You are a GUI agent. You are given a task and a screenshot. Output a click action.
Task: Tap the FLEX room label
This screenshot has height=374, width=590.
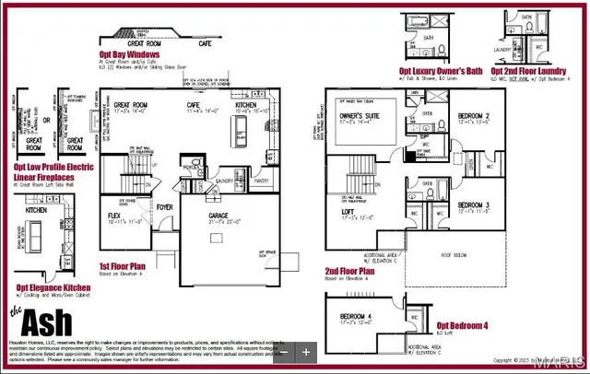coord(115,215)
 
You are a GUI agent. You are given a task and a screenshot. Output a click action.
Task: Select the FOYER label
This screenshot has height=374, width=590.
coord(165,207)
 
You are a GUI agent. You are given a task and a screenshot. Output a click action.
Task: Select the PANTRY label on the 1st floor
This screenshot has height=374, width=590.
coord(262,181)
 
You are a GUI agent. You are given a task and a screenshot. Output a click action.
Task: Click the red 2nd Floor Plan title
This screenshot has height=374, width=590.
coord(349,272)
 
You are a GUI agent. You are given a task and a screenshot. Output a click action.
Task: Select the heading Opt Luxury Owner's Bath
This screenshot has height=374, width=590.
coord(441,70)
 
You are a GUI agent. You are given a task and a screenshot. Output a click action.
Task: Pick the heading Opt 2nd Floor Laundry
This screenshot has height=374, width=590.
coord(529,70)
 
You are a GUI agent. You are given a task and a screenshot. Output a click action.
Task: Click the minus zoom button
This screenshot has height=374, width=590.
coord(285,351)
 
